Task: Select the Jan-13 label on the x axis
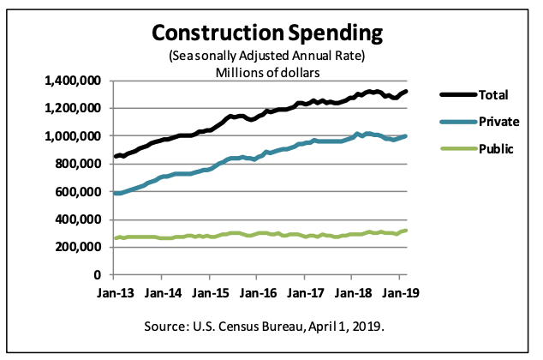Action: pos(113,292)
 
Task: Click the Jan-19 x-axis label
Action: pos(399,292)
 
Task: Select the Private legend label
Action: pos(498,122)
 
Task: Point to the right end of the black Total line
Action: pos(405,91)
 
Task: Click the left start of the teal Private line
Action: pos(115,193)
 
